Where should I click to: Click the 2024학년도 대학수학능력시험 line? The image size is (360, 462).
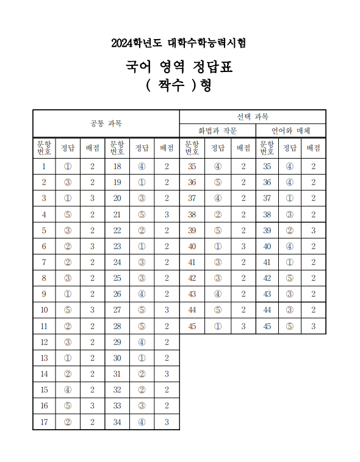click(x=179, y=43)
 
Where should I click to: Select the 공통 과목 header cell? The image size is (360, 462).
click(x=106, y=123)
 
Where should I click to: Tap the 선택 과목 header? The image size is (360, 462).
click(x=253, y=116)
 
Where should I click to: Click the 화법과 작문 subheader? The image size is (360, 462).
click(x=217, y=131)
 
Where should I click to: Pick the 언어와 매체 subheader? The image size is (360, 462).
click(x=289, y=131)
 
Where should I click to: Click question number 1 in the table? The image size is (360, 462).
click(x=43, y=166)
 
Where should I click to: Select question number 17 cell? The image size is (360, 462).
click(x=43, y=422)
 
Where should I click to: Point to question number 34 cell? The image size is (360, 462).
click(x=117, y=422)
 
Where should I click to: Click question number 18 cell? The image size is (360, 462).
click(x=117, y=166)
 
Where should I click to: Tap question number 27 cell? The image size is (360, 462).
click(x=117, y=310)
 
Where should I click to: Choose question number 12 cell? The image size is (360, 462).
click(x=43, y=342)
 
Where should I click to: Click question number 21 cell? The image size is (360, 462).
click(x=117, y=214)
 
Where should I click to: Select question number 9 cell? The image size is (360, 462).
click(x=43, y=294)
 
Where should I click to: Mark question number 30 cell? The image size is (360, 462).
click(x=117, y=358)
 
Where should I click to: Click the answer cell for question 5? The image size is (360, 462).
click(x=67, y=230)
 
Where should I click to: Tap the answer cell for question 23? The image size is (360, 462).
click(x=141, y=246)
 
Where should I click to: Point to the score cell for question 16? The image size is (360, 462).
click(x=92, y=406)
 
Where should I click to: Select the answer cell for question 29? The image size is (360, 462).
click(x=141, y=342)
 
